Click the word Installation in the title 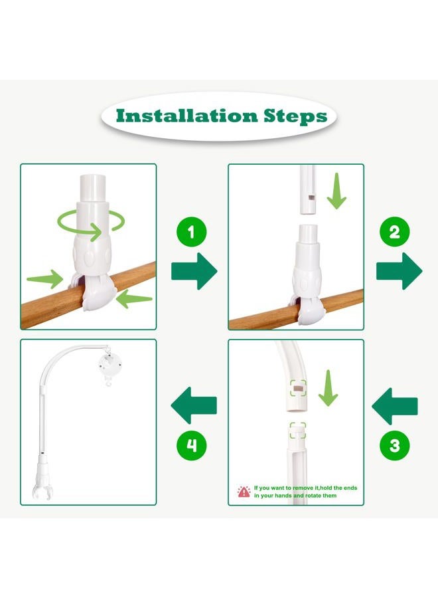pos(187,116)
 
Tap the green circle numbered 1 pos(192,232)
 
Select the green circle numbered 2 pos(395,232)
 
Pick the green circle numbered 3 pos(395,445)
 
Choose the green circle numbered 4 pos(192,445)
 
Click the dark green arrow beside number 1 pos(194,271)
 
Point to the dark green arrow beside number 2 pos(399,271)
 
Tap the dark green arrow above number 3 pos(395,406)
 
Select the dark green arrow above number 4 pos(194,405)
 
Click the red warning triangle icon pos(244,492)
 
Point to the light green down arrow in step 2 pos(336,191)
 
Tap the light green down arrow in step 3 pos(328,388)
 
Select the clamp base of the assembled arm pos(42,481)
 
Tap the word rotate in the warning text pos(314,496)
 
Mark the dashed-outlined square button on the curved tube pos(298,389)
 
